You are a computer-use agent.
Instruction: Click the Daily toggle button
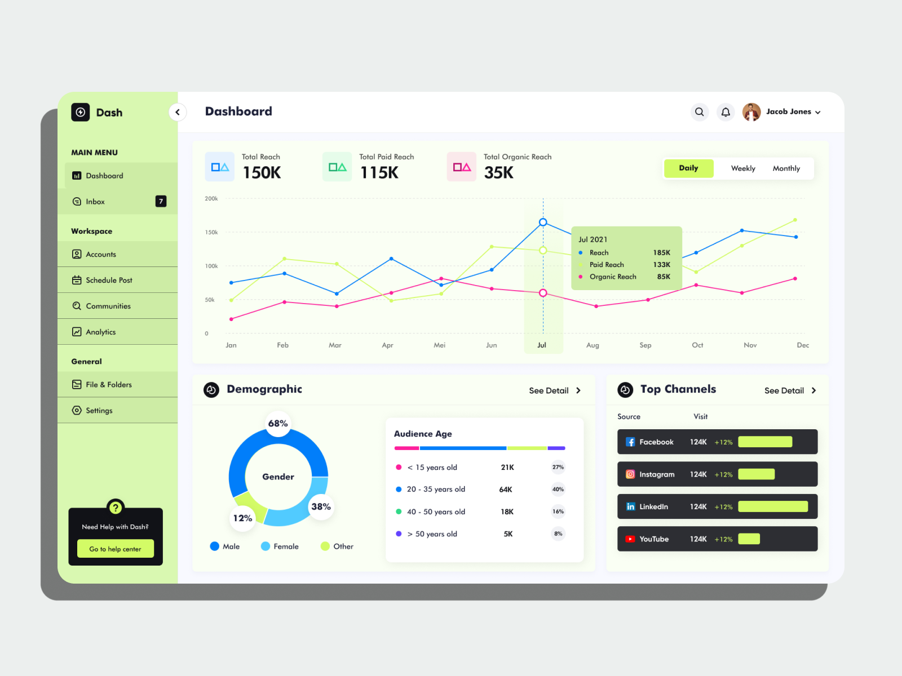pos(688,168)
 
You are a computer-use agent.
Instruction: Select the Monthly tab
pos(786,168)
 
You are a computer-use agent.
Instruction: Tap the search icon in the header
pos(699,112)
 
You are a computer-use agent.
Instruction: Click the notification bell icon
pos(726,112)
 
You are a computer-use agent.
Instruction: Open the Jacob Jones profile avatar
pos(751,112)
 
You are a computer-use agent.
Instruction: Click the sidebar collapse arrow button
pos(178,112)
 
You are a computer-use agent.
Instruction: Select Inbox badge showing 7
pos(161,201)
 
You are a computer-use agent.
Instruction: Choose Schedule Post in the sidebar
pos(109,280)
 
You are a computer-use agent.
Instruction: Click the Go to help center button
pos(116,549)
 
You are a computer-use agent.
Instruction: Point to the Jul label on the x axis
pos(542,345)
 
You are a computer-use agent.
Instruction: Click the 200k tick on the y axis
pos(211,199)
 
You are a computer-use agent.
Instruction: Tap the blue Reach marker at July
pos(543,223)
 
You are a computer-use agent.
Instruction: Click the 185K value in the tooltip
pos(661,253)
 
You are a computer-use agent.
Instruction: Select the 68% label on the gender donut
pos(278,424)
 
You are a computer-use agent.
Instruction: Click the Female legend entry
pos(280,546)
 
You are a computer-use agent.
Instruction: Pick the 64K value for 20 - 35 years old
pos(506,490)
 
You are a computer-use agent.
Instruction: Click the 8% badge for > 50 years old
pos(558,533)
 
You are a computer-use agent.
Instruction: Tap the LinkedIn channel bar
pos(773,506)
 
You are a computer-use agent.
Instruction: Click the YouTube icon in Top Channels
pos(630,539)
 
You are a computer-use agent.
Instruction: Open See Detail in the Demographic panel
pos(555,390)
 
